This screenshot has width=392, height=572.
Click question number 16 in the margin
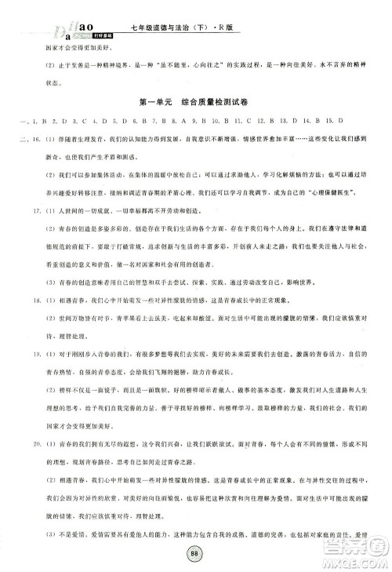tap(39, 140)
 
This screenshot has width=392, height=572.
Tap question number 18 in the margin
tap(39, 321)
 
